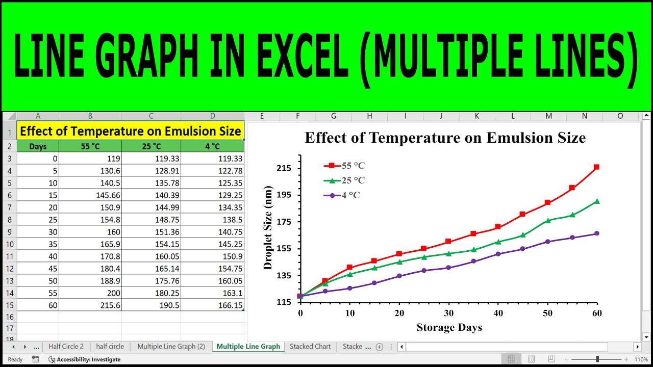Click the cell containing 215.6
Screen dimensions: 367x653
coord(90,305)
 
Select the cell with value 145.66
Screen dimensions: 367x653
coord(90,195)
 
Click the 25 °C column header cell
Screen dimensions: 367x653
coord(151,146)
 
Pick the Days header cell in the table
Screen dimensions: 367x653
coord(38,146)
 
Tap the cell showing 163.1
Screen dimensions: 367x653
coord(213,293)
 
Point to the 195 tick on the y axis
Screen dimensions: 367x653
coord(284,195)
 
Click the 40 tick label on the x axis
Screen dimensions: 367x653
coord(498,313)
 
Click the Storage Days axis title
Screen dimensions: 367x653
coord(449,327)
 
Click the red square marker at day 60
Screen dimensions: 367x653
coord(596,167)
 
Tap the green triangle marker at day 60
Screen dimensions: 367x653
coord(596,201)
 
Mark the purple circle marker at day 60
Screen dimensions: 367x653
coord(596,233)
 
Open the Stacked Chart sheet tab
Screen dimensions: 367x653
coord(310,347)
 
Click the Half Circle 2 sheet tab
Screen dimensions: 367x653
coord(66,347)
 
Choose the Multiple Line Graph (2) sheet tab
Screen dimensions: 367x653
coord(171,347)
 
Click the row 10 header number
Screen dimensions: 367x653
coord(9,244)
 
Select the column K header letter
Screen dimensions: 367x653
coord(476,116)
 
